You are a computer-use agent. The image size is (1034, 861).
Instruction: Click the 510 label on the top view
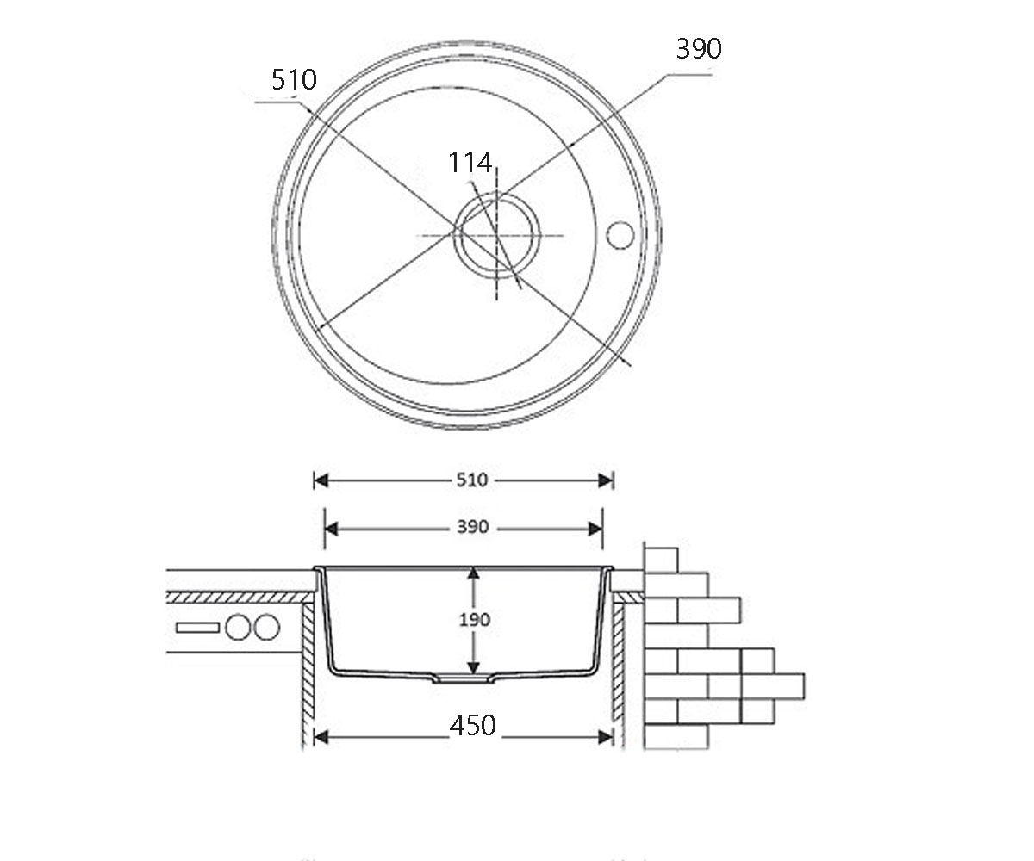pyautogui.click(x=294, y=80)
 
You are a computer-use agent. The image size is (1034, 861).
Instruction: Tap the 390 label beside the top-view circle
pyautogui.click(x=699, y=48)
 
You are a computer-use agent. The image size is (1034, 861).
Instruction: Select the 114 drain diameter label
pyautogui.click(x=470, y=163)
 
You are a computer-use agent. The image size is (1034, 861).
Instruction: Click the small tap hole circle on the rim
pyautogui.click(x=620, y=235)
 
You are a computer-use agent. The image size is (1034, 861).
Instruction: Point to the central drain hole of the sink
pyautogui.click(x=496, y=235)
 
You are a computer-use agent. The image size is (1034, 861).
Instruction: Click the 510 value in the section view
pyautogui.click(x=472, y=480)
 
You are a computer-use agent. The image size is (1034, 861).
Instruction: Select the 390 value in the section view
pyautogui.click(x=472, y=527)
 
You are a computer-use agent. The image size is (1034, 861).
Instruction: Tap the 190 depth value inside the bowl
pyautogui.click(x=475, y=620)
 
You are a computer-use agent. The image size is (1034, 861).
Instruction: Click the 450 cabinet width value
pyautogui.click(x=472, y=726)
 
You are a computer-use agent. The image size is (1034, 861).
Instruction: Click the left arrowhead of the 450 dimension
pyautogui.click(x=321, y=737)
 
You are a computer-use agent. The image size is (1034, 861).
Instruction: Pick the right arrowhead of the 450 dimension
pyautogui.click(x=606, y=737)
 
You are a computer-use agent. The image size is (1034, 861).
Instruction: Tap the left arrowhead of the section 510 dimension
pyautogui.click(x=321, y=480)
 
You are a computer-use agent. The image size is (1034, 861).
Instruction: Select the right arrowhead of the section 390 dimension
pyautogui.click(x=595, y=529)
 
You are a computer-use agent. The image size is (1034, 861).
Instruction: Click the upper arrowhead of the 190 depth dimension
pyautogui.click(x=473, y=574)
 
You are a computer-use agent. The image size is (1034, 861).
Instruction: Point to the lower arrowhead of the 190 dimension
pyautogui.click(x=473, y=667)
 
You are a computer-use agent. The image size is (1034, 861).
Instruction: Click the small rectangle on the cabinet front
pyautogui.click(x=197, y=628)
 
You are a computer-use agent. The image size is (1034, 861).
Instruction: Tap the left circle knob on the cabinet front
pyautogui.click(x=238, y=627)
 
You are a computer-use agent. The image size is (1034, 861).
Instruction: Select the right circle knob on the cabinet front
pyautogui.click(x=267, y=627)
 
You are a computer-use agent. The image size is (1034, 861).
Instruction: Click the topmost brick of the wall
pyautogui.click(x=661, y=561)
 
